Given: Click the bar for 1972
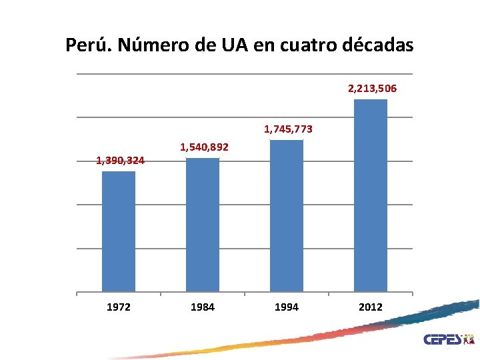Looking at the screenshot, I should click(x=119, y=231).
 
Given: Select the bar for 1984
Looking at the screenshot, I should click(x=203, y=225).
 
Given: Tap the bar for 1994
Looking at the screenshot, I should click(x=287, y=215).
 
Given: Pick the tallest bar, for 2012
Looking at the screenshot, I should click(x=371, y=195).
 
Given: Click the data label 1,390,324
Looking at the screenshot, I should click(x=120, y=160).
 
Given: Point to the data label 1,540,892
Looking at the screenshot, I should click(x=205, y=146).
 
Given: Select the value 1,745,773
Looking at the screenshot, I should click(x=288, y=129).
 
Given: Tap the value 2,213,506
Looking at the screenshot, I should click(x=373, y=88).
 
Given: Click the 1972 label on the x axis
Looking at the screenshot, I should click(x=119, y=307).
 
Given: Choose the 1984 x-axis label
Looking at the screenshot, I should click(x=203, y=307).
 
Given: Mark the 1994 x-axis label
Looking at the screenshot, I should click(x=287, y=307).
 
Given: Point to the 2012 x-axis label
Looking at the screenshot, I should click(x=371, y=307).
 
